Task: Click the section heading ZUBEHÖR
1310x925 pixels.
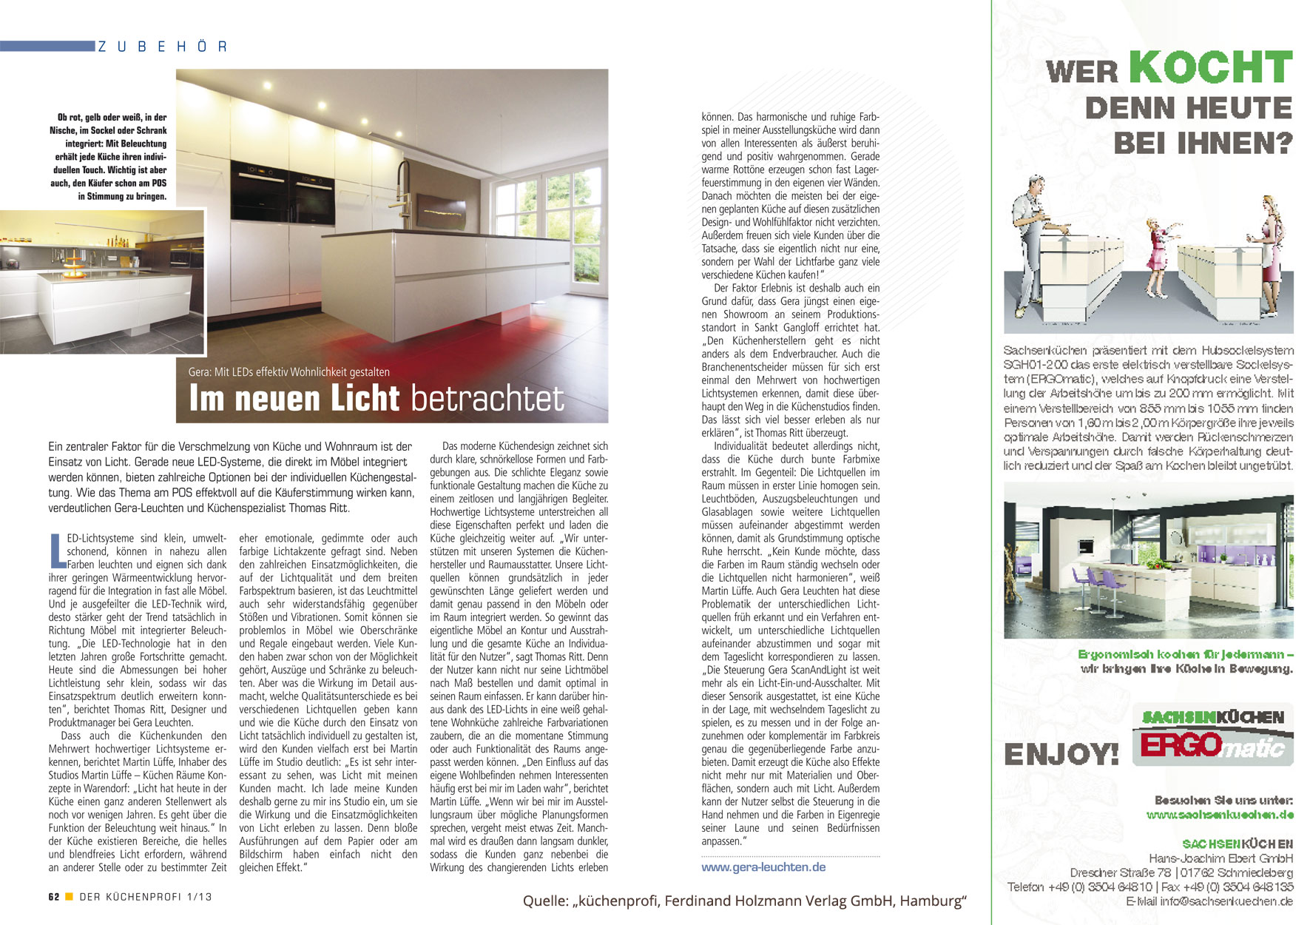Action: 162,47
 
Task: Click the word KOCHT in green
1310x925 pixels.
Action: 1210,68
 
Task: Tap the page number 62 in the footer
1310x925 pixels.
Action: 54,897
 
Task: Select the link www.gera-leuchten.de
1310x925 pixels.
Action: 763,867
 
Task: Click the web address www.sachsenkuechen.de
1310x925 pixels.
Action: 1220,815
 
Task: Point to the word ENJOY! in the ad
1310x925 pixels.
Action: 1061,755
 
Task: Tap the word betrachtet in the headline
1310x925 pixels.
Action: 487,398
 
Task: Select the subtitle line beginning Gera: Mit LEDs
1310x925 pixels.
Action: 288,372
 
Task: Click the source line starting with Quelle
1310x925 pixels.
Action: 744,901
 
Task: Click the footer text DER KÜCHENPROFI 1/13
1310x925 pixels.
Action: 145,897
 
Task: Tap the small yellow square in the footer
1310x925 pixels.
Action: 69,897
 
